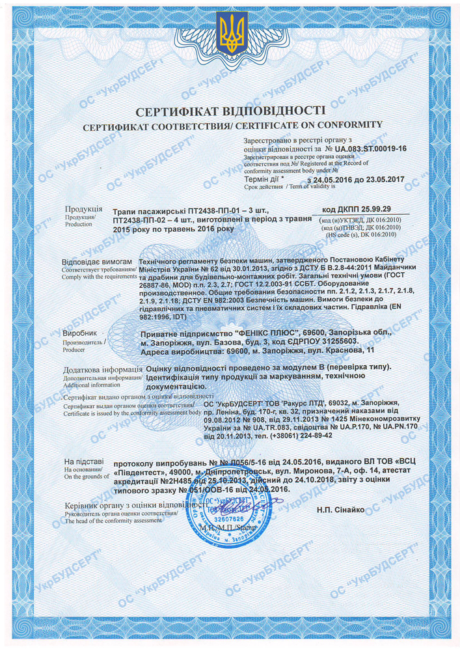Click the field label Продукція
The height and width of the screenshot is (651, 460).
83,209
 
